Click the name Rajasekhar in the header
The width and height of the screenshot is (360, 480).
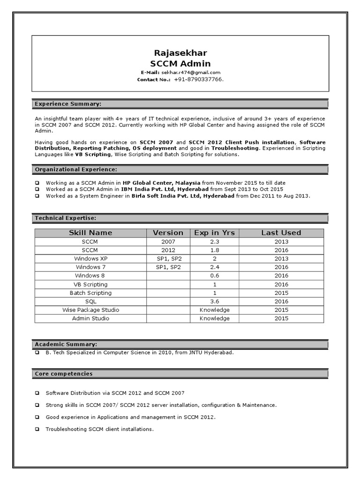tap(180, 52)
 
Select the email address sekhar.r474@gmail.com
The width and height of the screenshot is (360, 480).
tap(191, 73)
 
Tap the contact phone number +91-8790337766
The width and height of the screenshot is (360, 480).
tap(198, 80)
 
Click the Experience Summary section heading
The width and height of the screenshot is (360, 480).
tap(68, 104)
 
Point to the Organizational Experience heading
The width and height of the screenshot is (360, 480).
tap(76, 169)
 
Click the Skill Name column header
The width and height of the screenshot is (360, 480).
tap(90, 232)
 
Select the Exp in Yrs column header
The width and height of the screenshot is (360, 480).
tap(214, 232)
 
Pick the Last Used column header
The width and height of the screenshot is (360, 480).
tap(281, 232)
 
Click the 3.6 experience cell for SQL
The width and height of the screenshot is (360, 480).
tap(214, 301)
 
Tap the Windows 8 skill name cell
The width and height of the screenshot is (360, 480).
tap(90, 276)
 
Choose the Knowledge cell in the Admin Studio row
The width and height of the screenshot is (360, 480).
tap(214, 318)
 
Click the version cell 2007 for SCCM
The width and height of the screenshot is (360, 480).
tap(168, 241)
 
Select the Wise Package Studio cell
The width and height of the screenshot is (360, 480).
tap(90, 310)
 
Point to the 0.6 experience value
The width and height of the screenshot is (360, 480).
tap(214, 276)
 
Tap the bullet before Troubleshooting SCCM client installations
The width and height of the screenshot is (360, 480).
tap(37, 429)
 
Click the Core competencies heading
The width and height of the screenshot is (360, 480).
tap(64, 374)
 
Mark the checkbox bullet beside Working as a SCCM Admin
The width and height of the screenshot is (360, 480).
tap(37, 183)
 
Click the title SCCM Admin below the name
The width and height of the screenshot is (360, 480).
tap(180, 63)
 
